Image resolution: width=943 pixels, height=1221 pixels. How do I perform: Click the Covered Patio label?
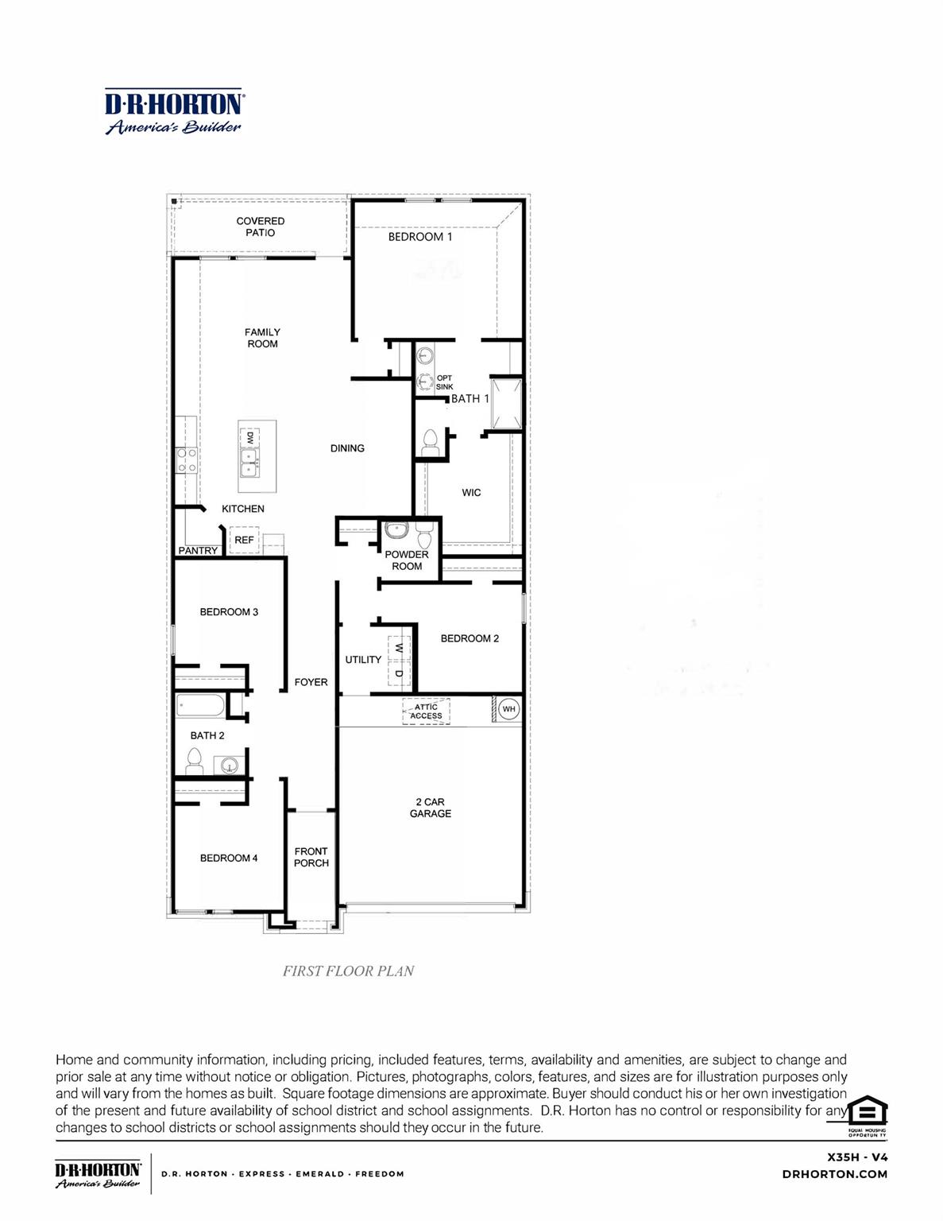tap(260, 227)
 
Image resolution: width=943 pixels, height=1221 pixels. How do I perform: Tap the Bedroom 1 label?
tap(419, 237)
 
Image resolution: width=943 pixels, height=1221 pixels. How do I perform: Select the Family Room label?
tap(262, 338)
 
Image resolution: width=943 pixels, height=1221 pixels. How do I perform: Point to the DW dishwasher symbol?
tap(249, 437)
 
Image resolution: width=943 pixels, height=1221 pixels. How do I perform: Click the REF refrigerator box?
tap(244, 540)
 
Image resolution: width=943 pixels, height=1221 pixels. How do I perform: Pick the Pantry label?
tap(198, 550)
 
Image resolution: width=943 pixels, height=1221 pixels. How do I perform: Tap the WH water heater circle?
tap(508, 708)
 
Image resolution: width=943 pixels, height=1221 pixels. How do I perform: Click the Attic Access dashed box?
tap(426, 711)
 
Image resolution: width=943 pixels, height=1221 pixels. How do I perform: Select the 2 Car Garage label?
tap(430, 808)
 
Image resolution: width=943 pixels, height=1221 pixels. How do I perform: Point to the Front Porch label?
tap(311, 857)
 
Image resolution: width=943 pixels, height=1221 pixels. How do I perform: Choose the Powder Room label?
tap(407, 560)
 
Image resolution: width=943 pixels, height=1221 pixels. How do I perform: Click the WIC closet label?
tap(471, 493)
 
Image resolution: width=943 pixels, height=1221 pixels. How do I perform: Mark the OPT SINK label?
tap(444, 382)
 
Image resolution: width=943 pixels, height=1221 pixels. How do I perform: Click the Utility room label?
tap(363, 660)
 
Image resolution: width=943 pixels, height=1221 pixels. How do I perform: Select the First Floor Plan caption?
tap(348, 971)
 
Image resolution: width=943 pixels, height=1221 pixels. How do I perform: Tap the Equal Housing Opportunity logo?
tap(867, 1114)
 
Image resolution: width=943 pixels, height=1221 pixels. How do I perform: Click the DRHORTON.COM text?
tap(834, 1174)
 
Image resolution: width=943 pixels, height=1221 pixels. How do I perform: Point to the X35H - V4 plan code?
tap(857, 1157)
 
